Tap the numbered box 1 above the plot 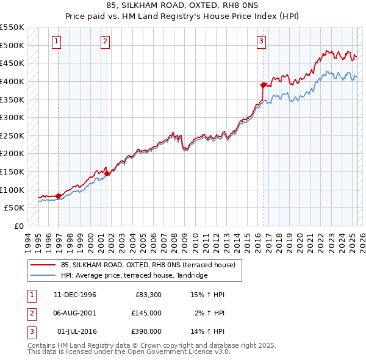point(56,41)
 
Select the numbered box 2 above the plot point(105,41)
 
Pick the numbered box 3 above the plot point(261,41)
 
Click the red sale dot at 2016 point(263,85)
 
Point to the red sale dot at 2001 point(107,173)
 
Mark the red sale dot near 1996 point(59,196)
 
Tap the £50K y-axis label point(15,208)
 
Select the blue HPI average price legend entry point(134,275)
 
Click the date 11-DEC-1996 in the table point(75,295)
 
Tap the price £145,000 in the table point(146,313)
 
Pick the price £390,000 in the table point(146,331)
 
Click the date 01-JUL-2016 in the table point(76,331)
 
